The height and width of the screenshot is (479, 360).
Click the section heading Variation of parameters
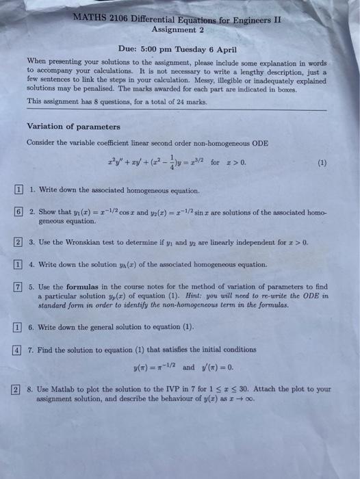pyautogui.click(x=73, y=127)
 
